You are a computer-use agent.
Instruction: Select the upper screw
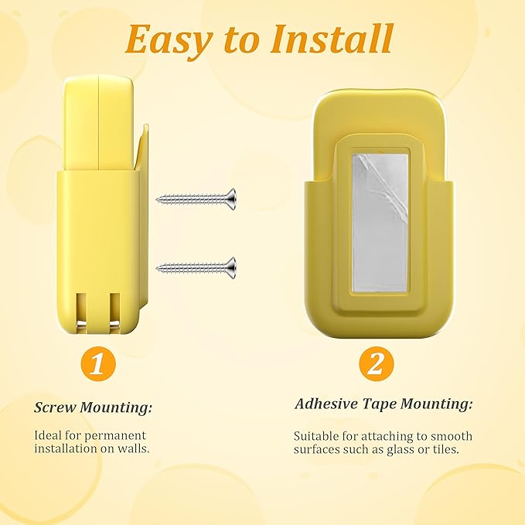(x=196, y=199)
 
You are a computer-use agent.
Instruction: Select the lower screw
(x=196, y=268)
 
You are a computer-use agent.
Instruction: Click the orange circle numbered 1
(x=97, y=363)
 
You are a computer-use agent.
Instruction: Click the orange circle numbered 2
(x=375, y=363)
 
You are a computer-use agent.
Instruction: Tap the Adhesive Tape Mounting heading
(x=384, y=404)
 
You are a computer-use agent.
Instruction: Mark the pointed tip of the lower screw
(x=159, y=268)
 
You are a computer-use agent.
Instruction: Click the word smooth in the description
(x=453, y=436)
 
